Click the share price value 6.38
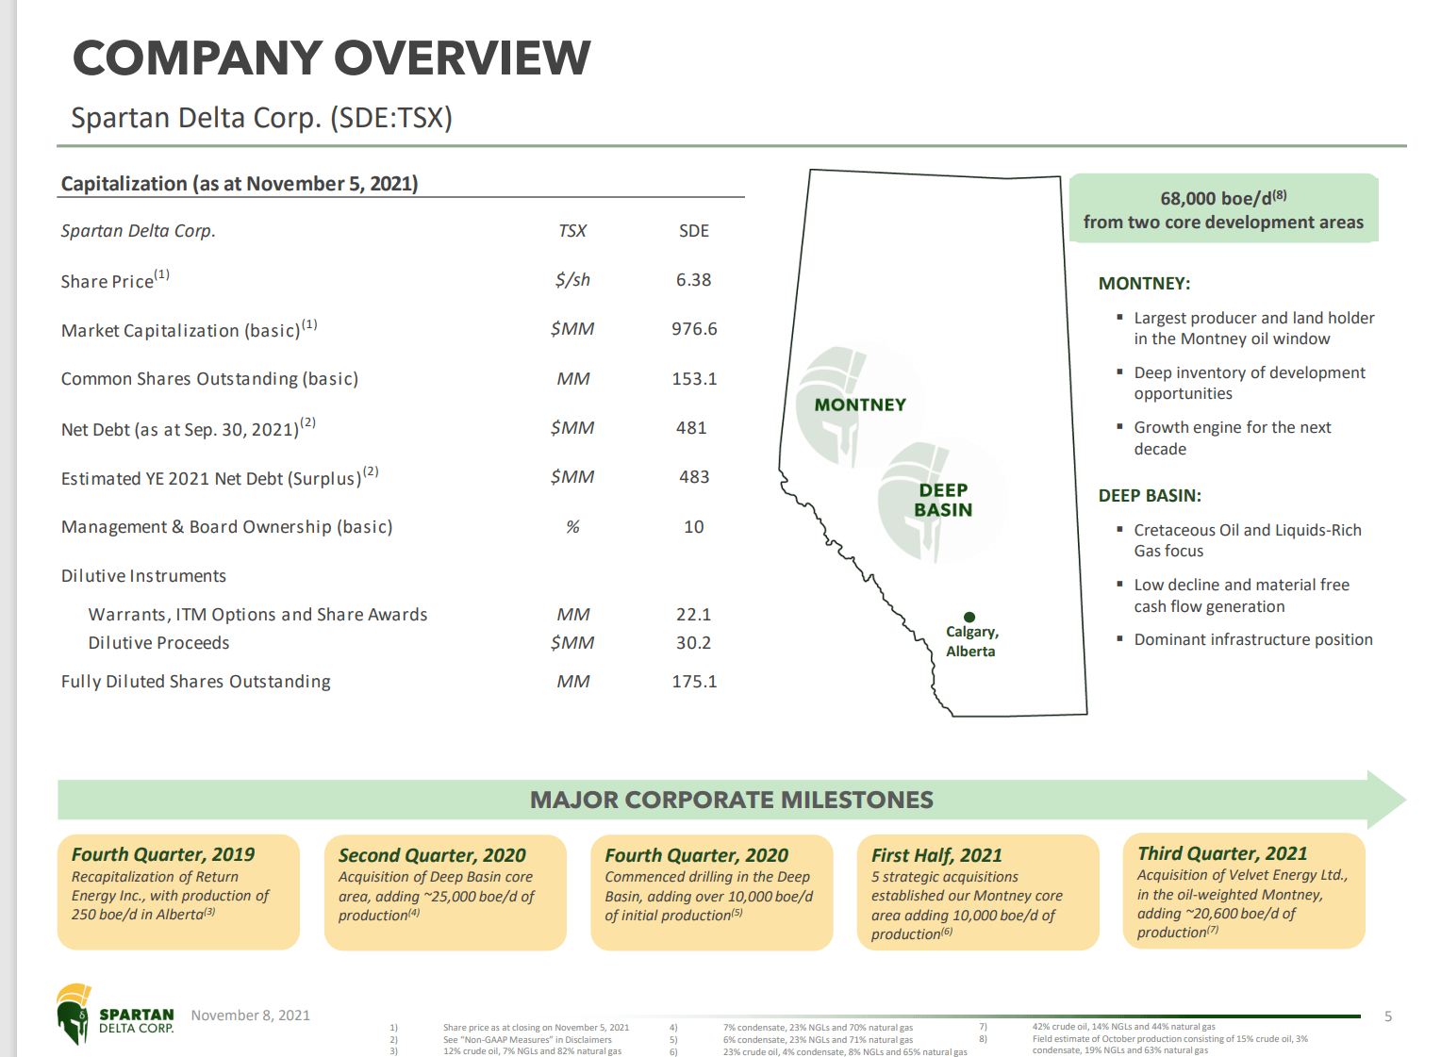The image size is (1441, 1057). (693, 280)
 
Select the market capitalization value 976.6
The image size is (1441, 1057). (694, 329)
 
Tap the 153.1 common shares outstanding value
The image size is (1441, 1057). (694, 379)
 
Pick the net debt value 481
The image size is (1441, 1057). (691, 428)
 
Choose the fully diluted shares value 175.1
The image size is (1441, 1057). (694, 682)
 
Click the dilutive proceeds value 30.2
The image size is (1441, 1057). (693, 643)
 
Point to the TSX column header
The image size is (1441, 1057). (572, 231)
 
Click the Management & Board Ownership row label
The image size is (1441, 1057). (226, 527)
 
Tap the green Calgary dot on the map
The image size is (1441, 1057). (969, 618)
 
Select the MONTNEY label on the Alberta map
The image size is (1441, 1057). (860, 405)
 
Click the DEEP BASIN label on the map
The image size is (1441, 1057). (943, 500)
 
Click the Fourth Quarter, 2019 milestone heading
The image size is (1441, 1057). (163, 854)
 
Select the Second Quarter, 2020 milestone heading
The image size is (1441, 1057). (432, 855)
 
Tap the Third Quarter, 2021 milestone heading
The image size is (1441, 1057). (1222, 853)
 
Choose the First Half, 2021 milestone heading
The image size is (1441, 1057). (936, 855)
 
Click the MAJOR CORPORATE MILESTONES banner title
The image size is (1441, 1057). (731, 801)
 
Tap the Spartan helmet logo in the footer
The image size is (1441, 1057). (74, 1014)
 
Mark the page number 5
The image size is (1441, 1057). (1387, 1016)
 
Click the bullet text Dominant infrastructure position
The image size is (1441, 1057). (1252, 639)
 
